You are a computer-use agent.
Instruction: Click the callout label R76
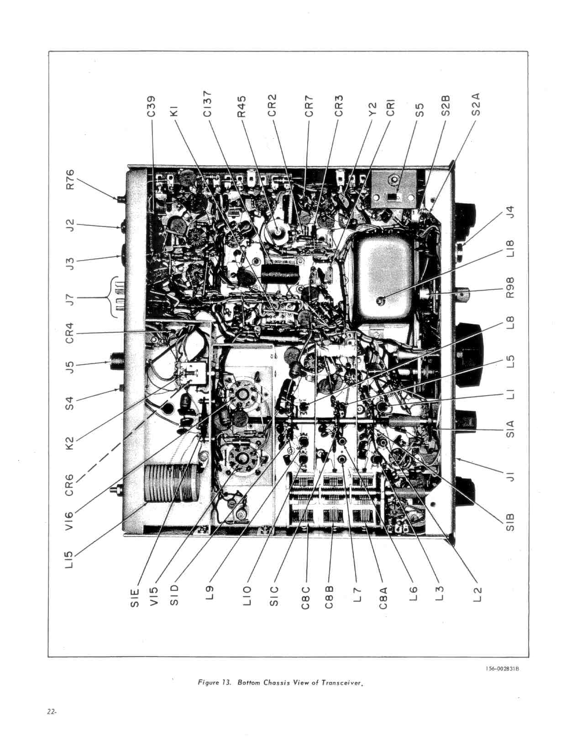70,179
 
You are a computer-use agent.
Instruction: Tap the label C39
153,107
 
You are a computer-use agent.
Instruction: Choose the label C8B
329,597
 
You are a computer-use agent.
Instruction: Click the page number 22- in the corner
52,712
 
